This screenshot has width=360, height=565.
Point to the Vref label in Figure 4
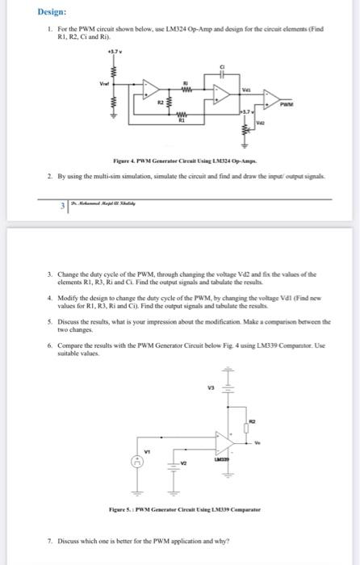click(103, 83)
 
